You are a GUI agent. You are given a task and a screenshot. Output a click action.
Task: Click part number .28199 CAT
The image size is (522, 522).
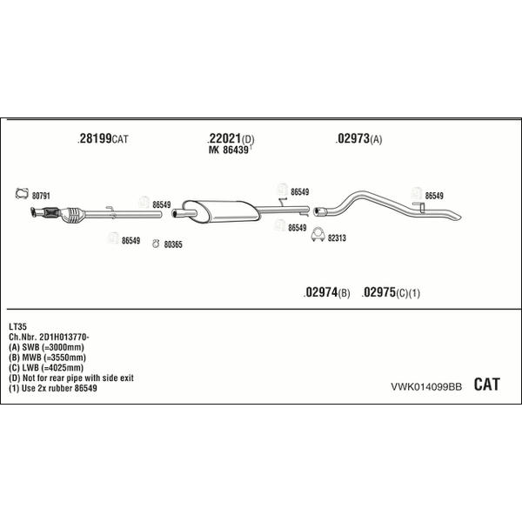[103, 138]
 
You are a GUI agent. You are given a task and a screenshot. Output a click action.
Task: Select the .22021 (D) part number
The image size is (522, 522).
[231, 138]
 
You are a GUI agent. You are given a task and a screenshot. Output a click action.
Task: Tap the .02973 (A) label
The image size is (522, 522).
[358, 138]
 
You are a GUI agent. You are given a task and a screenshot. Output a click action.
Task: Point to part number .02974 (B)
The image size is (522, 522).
[326, 292]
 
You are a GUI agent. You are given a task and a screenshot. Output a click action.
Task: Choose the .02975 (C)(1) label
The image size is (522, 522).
[391, 292]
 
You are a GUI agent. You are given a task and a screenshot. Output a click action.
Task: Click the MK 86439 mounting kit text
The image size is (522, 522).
[230, 150]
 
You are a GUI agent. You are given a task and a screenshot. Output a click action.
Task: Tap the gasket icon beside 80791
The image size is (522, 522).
[22, 193]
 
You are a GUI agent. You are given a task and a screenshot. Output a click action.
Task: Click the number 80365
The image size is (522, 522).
[173, 244]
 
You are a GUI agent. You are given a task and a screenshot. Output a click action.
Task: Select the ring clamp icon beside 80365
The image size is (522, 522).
[156, 244]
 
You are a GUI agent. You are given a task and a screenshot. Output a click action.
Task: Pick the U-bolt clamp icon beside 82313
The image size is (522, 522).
[318, 235]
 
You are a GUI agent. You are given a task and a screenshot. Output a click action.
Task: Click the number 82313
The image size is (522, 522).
[337, 238]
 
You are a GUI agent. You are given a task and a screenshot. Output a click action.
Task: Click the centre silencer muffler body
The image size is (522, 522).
[221, 211]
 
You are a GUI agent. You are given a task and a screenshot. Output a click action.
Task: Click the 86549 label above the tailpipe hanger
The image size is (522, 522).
[434, 196]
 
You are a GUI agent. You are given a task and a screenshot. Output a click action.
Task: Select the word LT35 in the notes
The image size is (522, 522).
[17, 326]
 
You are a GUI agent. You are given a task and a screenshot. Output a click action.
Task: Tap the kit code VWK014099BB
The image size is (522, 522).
[426, 387]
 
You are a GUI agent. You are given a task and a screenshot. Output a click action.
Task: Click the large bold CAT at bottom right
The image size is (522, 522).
[486, 385]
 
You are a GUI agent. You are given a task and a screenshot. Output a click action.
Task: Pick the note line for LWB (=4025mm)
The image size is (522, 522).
[46, 368]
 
